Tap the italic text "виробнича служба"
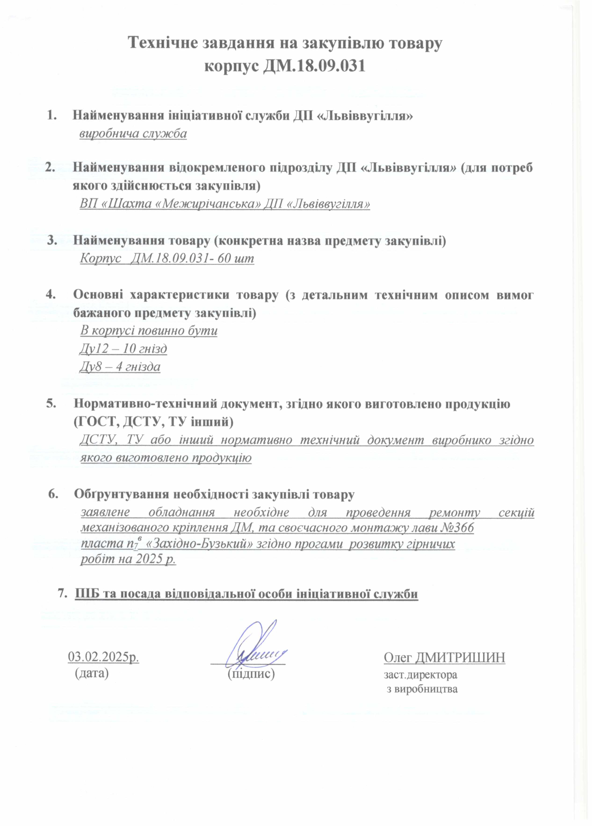click(x=133, y=134)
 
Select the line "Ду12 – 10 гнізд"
click(x=123, y=349)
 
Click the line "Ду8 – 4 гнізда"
click(x=120, y=367)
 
